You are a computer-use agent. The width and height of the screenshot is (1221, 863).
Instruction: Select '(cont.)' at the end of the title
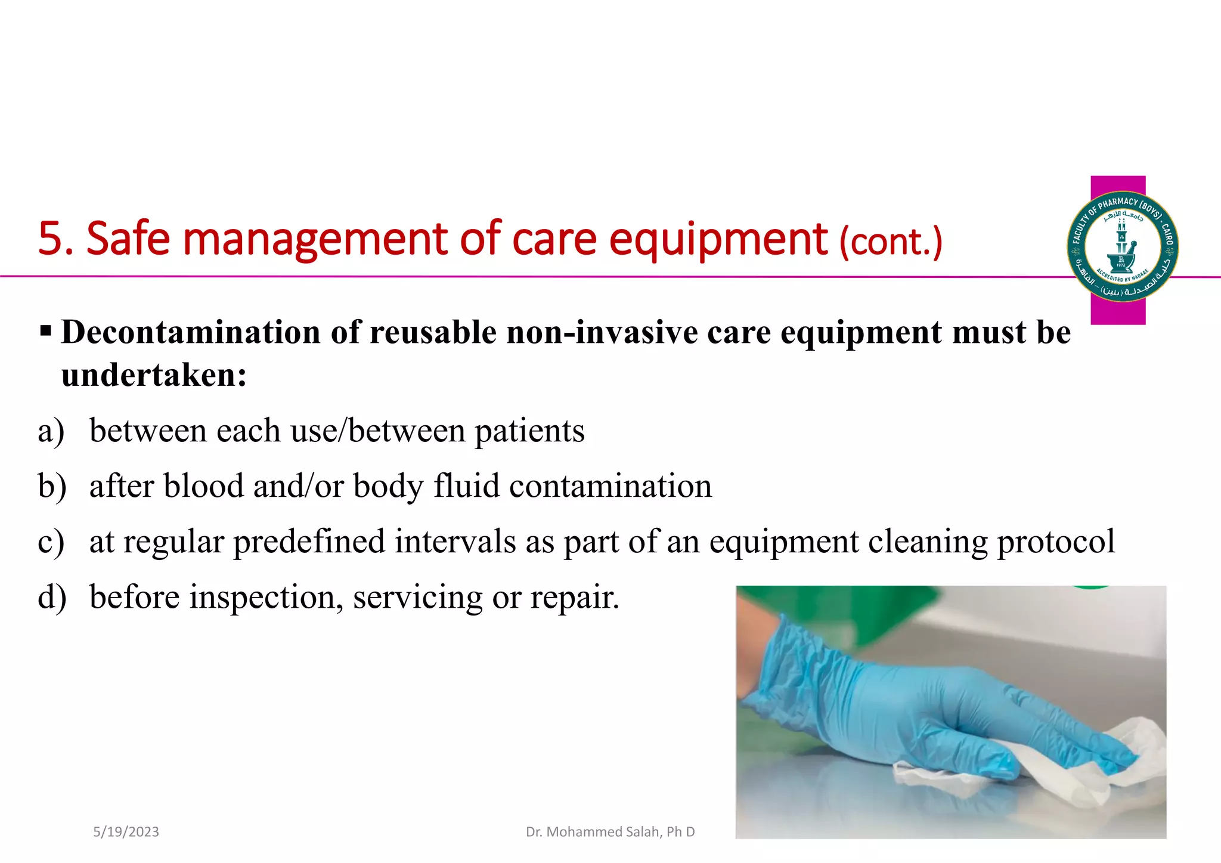coord(891,242)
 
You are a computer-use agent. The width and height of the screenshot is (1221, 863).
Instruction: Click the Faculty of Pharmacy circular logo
coord(1122,246)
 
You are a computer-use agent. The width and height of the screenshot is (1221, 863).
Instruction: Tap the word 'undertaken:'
coord(154,376)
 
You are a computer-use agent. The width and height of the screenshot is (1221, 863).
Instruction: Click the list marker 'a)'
coord(51,431)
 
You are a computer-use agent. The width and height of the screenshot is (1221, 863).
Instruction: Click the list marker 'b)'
coord(51,486)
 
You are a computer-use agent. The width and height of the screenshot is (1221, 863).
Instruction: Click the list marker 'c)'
coord(51,542)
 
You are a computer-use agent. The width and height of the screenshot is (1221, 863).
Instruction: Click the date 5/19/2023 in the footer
coord(126,832)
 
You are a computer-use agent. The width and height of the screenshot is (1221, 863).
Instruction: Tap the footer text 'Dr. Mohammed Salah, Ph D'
coord(610,832)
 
